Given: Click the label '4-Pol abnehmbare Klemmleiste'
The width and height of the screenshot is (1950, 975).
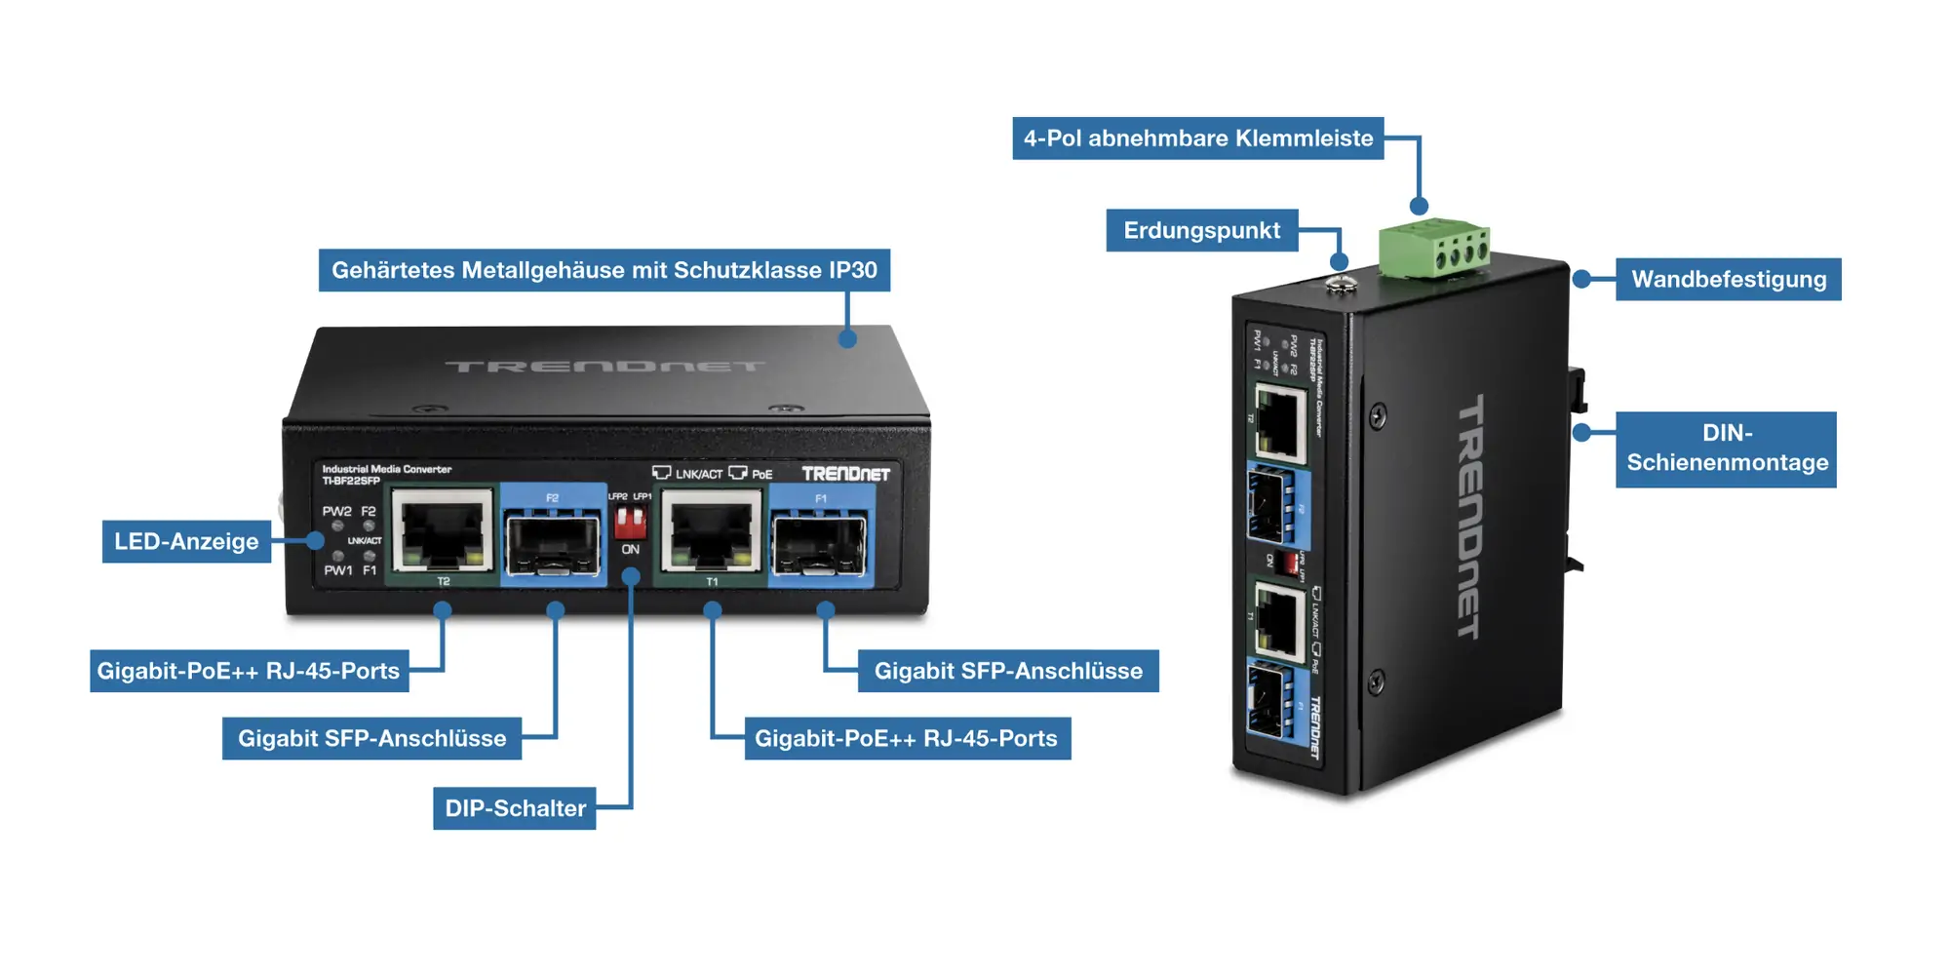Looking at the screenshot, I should pyautogui.click(x=1197, y=138).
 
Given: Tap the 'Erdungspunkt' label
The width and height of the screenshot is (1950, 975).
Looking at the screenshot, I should pyautogui.click(x=1201, y=231).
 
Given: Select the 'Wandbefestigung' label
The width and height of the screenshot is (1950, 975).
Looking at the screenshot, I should pyautogui.click(x=1728, y=280).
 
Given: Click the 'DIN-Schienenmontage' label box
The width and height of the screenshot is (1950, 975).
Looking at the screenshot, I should pyautogui.click(x=1726, y=448).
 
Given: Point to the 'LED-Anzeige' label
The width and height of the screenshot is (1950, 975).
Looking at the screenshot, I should pyautogui.click(x=186, y=542).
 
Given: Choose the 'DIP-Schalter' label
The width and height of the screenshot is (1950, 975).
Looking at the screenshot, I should pyautogui.click(x=515, y=808).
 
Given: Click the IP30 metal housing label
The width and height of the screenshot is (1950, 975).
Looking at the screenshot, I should pyautogui.click(x=604, y=270).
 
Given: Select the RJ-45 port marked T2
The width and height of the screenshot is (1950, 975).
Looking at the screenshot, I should pyautogui.click(x=442, y=531).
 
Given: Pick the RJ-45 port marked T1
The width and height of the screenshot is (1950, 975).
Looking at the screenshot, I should pyautogui.click(x=711, y=531).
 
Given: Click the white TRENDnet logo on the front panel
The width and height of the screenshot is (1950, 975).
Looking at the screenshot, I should pyautogui.click(x=845, y=474).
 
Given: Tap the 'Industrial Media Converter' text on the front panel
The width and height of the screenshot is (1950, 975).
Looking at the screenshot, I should pyautogui.click(x=386, y=469).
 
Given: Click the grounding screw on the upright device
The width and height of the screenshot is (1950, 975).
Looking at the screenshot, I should pyautogui.click(x=1342, y=285).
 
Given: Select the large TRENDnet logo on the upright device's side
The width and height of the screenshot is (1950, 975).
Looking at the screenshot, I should pyautogui.click(x=1470, y=517).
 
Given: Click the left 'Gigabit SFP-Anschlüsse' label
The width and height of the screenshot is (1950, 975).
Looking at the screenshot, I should pyautogui.click(x=371, y=739).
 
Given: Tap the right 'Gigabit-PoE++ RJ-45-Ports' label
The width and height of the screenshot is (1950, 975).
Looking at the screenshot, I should pyautogui.click(x=907, y=739).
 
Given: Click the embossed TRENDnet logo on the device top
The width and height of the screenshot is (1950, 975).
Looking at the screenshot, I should pyautogui.click(x=604, y=367).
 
